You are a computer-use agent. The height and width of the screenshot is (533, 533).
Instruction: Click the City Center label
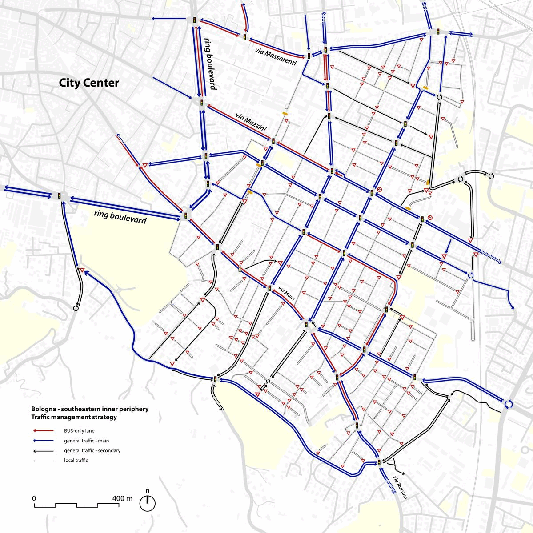point(89,83)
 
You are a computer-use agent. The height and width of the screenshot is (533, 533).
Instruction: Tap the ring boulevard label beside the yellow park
point(120,217)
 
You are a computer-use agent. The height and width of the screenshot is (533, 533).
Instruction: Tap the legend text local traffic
point(76,461)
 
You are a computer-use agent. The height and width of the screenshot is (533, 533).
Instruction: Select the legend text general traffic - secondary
point(92,451)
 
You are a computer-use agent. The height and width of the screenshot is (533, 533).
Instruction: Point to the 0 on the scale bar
point(34,498)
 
